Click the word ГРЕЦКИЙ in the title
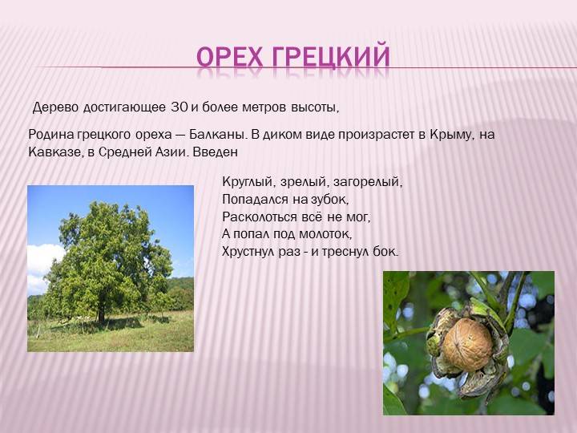(x=331, y=57)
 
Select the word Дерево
(x=56, y=107)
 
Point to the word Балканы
(x=217, y=135)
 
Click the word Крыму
(x=450, y=135)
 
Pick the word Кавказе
(x=54, y=152)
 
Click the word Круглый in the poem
(x=249, y=182)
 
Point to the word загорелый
(x=368, y=182)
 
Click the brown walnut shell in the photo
(x=467, y=344)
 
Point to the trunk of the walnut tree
(x=101, y=313)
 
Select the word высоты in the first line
(x=315, y=107)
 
